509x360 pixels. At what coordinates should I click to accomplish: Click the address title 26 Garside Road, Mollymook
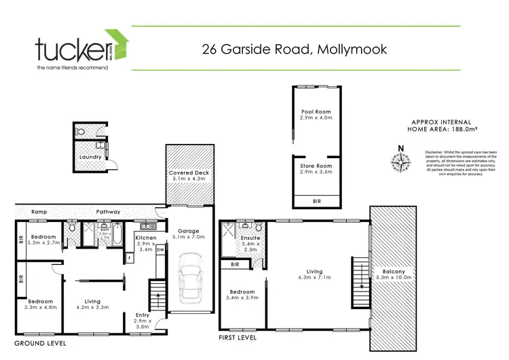pos(295,49)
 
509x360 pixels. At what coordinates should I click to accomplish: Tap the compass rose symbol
pos(401,161)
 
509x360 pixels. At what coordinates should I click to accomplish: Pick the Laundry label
pos(90,157)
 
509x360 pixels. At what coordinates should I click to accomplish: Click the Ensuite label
pos(250,238)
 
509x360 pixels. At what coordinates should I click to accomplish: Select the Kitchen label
pos(146,238)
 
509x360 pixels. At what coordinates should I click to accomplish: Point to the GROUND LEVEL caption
pos(40,344)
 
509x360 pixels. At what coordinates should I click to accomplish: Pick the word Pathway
pos(108,211)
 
